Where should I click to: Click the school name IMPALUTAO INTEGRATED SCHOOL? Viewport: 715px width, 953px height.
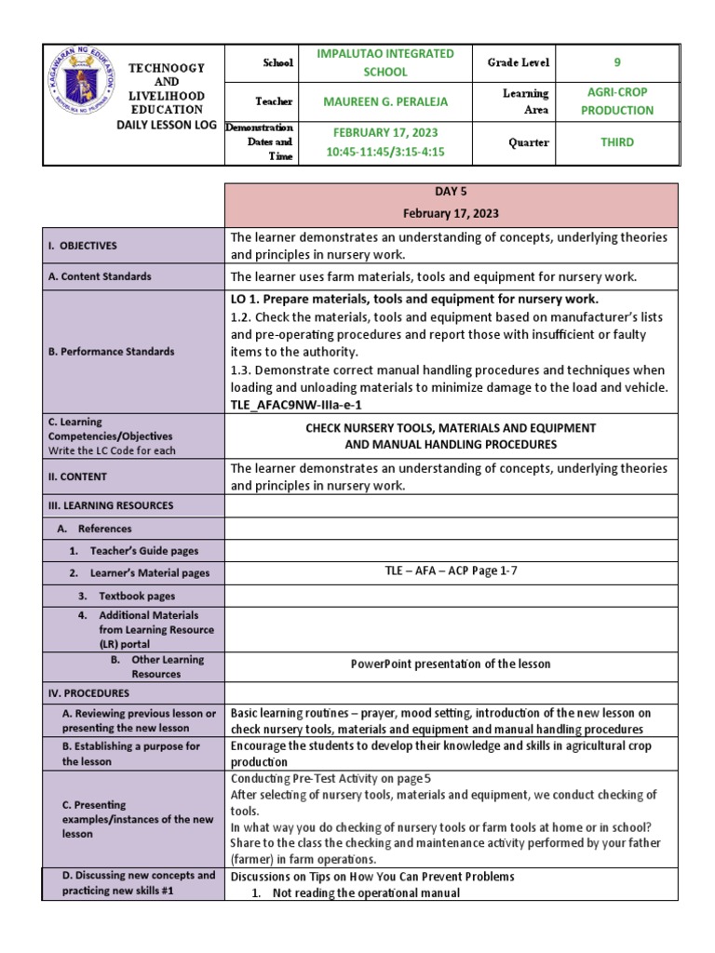coord(385,62)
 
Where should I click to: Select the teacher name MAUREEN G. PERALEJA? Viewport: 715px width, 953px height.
coord(385,101)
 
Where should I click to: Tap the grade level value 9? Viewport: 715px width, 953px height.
coord(616,62)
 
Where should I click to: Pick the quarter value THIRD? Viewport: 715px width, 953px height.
coord(616,142)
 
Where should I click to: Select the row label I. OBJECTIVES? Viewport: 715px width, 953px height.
coord(83,246)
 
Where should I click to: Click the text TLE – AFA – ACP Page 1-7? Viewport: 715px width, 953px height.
coord(451,571)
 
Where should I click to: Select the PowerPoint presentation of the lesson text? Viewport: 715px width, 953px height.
coord(451,664)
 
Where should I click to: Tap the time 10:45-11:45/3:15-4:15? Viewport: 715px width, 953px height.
coord(385,151)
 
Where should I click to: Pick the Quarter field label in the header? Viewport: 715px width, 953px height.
coord(527,142)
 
